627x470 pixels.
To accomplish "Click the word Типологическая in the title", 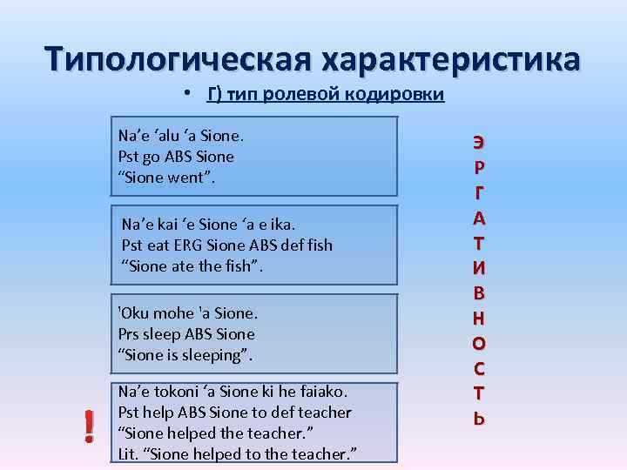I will tap(178, 59).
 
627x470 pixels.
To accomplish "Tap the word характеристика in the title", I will tap(450, 59).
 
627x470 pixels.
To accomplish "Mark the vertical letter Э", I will tap(480, 142).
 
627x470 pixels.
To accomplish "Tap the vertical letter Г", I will tap(480, 191).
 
